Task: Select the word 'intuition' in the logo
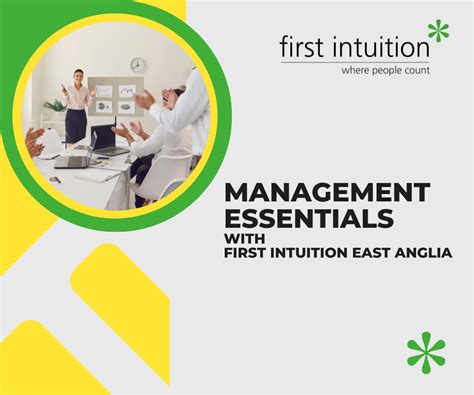[380, 46]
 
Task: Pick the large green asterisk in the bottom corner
[426, 352]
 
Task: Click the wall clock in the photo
[137, 65]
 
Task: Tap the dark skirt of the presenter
[77, 124]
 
